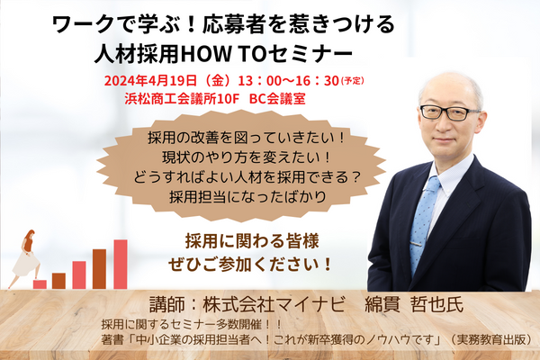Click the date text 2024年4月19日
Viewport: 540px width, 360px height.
point(150,81)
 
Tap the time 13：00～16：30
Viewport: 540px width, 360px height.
point(289,81)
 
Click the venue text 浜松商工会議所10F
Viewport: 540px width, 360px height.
point(182,99)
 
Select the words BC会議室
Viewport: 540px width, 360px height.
point(277,99)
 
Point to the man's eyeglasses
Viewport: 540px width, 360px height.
point(449,112)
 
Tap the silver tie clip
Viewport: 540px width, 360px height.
point(416,244)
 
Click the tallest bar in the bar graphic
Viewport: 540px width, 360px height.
point(121,265)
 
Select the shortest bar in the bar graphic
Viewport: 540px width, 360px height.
point(40,284)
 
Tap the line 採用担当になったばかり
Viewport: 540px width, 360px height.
point(247,197)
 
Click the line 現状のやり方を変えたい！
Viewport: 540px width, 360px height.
point(247,157)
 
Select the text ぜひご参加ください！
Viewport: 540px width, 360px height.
point(250,265)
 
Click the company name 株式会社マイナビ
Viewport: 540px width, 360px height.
point(274,305)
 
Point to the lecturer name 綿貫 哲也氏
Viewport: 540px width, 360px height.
point(414,305)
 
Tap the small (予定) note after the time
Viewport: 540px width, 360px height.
point(352,81)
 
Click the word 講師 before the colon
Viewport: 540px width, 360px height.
point(164,305)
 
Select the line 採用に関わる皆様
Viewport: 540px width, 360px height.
point(252,241)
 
